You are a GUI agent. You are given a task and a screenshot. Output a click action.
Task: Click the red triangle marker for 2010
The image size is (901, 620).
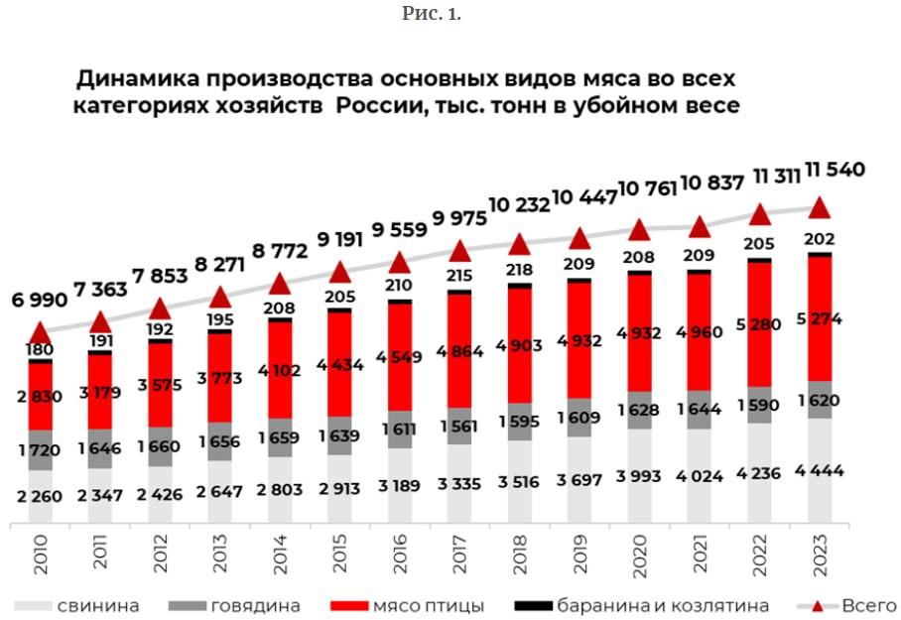pyautogui.click(x=41, y=332)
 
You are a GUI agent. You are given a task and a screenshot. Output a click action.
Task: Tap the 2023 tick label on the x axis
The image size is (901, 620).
pyautogui.click(x=820, y=554)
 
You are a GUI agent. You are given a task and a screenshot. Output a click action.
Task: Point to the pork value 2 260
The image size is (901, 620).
pyautogui.click(x=39, y=496)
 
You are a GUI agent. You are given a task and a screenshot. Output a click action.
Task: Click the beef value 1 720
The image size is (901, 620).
pyautogui.click(x=39, y=450)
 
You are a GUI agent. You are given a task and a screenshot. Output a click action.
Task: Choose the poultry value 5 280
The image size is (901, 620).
pyautogui.click(x=758, y=325)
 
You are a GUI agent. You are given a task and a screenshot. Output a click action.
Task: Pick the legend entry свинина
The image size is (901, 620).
pyautogui.click(x=76, y=606)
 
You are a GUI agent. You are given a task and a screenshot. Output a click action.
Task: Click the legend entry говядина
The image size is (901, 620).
pyautogui.click(x=234, y=606)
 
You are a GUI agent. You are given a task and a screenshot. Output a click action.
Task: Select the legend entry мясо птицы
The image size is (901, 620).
pyautogui.click(x=408, y=606)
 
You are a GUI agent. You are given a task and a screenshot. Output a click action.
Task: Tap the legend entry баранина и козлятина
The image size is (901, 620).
pyautogui.click(x=641, y=606)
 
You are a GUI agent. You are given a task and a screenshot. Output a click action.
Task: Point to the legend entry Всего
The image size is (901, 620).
pyautogui.click(x=847, y=606)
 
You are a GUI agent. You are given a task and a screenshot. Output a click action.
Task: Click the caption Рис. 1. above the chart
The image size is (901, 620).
pyautogui.click(x=432, y=13)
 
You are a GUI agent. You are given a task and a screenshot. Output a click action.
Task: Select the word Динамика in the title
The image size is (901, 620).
pyautogui.click(x=137, y=78)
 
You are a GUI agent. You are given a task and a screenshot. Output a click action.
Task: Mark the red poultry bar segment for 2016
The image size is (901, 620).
pyautogui.click(x=399, y=357)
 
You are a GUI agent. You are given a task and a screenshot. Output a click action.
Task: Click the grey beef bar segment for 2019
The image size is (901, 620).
pyautogui.click(x=579, y=418)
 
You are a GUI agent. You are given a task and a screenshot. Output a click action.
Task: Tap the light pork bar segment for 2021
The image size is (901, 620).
pyautogui.click(x=700, y=476)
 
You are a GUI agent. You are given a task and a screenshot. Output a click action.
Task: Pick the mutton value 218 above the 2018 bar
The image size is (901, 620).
pyautogui.click(x=519, y=270)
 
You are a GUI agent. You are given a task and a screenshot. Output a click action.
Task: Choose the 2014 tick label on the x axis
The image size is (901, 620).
pyautogui.click(x=280, y=554)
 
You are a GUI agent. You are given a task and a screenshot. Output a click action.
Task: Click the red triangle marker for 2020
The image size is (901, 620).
pyautogui.click(x=639, y=230)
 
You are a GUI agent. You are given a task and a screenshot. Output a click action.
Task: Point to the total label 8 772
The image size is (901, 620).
pyautogui.click(x=280, y=251)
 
